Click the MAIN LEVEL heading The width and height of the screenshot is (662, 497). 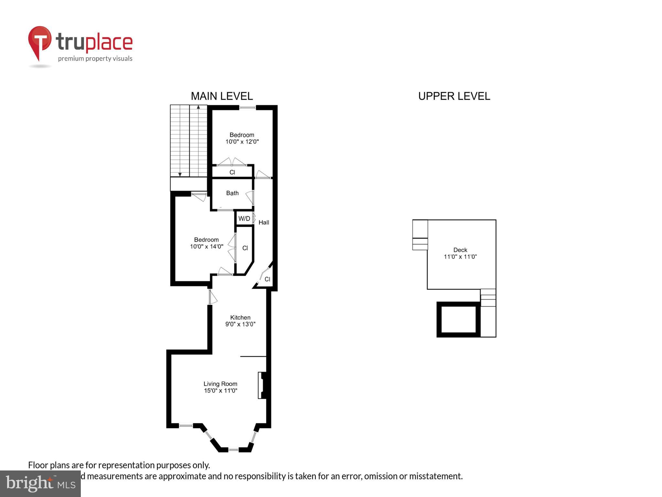pyautogui.click(x=222, y=96)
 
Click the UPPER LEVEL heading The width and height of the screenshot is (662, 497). pyautogui.click(x=454, y=96)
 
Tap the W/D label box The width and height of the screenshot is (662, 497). pyautogui.click(x=244, y=218)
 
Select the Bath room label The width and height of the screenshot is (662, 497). pyautogui.click(x=232, y=193)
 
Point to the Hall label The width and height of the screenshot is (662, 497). pyautogui.click(x=264, y=222)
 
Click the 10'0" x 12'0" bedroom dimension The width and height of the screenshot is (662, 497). pyautogui.click(x=242, y=142)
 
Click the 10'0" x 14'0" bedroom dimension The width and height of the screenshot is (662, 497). pyautogui.click(x=206, y=247)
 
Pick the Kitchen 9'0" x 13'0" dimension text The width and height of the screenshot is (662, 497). pyautogui.click(x=240, y=324)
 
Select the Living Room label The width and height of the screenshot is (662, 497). pyautogui.click(x=220, y=384)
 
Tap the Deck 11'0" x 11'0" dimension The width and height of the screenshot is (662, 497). pyautogui.click(x=460, y=257)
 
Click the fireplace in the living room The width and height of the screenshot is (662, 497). pyautogui.click(x=262, y=385)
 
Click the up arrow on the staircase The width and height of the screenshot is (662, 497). pyautogui.click(x=198, y=107)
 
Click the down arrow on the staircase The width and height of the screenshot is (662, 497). pyautogui.click(x=180, y=174)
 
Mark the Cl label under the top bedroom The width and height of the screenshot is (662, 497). pyautogui.click(x=232, y=172)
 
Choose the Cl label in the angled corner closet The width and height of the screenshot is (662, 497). pyautogui.click(x=267, y=279)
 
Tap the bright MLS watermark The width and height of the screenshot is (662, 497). pyautogui.click(x=40, y=484)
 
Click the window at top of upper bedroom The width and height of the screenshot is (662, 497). pyautogui.click(x=248, y=107)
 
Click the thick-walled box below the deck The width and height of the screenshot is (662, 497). pyautogui.click(x=458, y=319)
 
